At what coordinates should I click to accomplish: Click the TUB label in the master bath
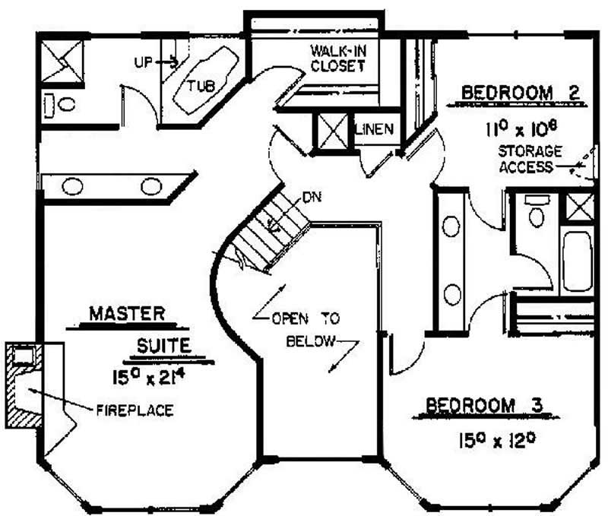[x=201, y=85]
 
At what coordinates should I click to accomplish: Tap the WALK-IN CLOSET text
[x=338, y=59]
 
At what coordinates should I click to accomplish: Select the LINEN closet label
[x=374, y=129]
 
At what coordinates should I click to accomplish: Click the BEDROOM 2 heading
[x=521, y=93]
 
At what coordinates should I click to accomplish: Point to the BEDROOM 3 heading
[x=484, y=405]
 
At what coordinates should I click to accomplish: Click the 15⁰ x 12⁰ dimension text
[x=497, y=440]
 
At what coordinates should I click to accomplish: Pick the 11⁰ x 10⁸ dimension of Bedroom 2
[x=521, y=128]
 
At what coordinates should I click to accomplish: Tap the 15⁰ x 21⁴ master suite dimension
[x=147, y=377]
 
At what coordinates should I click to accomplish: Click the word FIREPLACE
[x=135, y=410]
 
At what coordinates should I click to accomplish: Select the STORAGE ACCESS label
[x=530, y=159]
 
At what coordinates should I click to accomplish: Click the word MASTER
[x=127, y=314]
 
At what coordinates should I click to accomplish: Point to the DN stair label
[x=312, y=198]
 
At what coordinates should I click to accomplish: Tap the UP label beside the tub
[x=144, y=62]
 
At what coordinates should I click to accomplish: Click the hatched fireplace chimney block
[x=24, y=385]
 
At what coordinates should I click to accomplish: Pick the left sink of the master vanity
[x=72, y=186]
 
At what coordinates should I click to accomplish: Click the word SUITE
[x=164, y=346]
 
